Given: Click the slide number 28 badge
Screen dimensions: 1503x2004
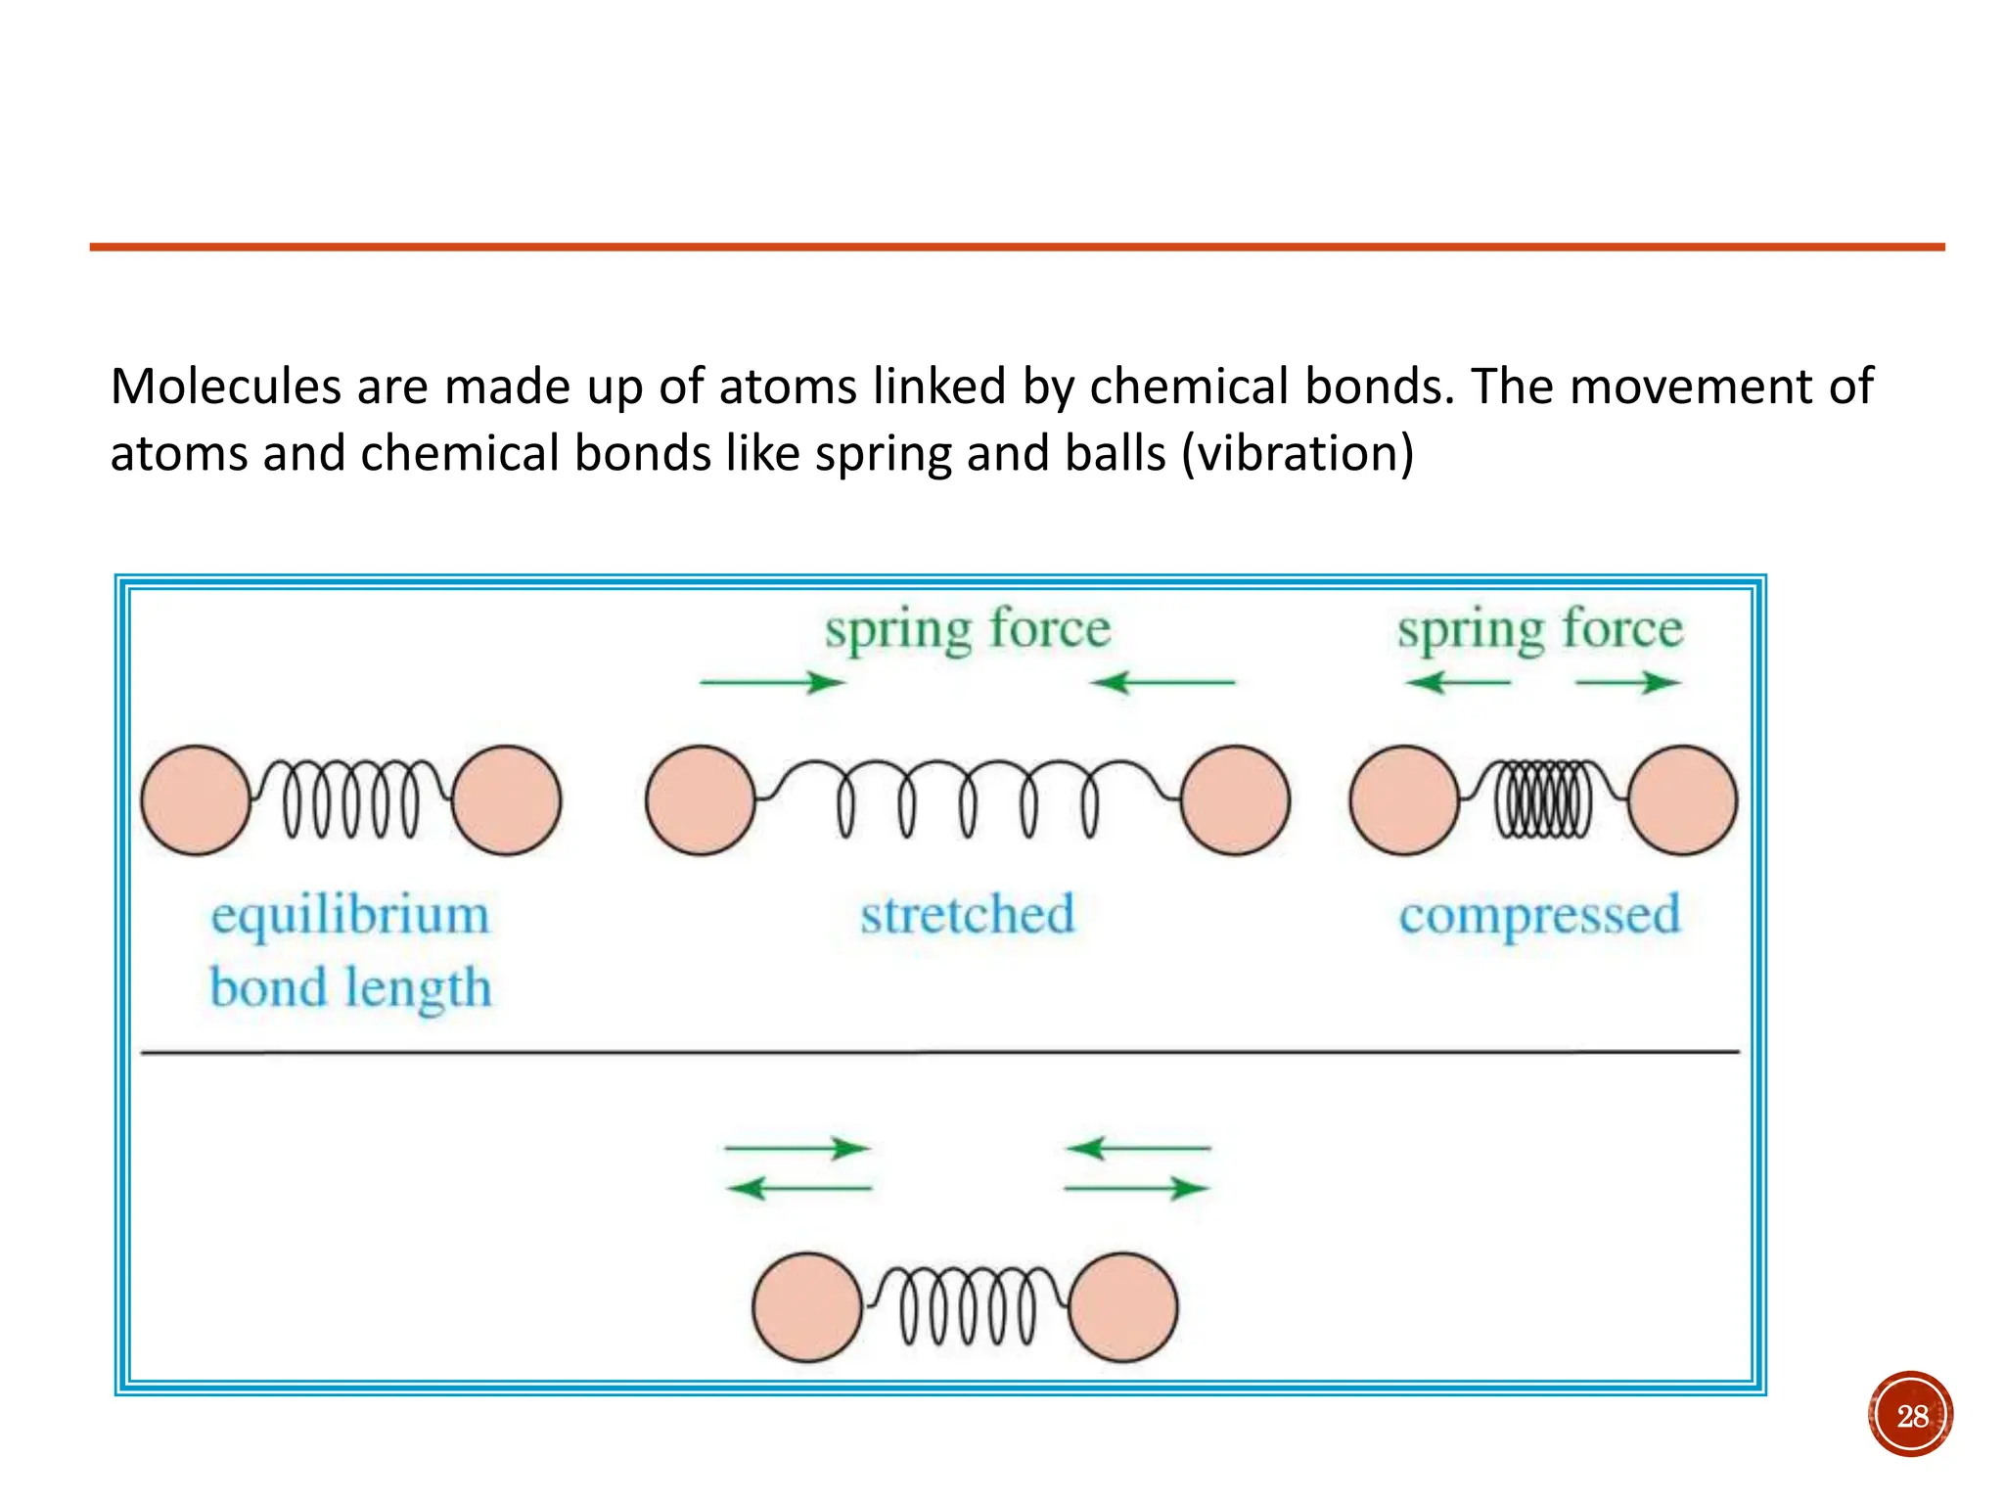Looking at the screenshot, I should pos(1910,1415).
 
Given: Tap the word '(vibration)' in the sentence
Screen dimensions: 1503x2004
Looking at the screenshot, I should pos(1298,453).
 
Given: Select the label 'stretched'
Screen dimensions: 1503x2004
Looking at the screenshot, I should pos(967,915).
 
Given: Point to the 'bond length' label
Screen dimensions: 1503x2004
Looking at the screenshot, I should pos(350,987).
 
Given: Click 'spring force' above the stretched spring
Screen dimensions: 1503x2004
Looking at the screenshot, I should pos(967,629).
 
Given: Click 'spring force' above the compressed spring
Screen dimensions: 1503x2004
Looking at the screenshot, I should pos(1539,629).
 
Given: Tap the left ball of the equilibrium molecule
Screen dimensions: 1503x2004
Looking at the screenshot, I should pos(196,800).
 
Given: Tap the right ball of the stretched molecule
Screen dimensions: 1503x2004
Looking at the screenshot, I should pos(1235,800).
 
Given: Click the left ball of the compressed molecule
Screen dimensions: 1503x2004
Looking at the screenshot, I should pos(1403,800).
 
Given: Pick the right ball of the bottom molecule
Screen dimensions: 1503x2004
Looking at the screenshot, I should pos(1123,1307).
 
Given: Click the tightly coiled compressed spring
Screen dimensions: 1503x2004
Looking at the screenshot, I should pos(1543,799).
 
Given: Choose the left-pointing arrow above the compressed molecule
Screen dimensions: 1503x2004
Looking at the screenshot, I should pos(1458,682).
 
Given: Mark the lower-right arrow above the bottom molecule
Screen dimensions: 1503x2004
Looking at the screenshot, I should pos(1137,1189).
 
